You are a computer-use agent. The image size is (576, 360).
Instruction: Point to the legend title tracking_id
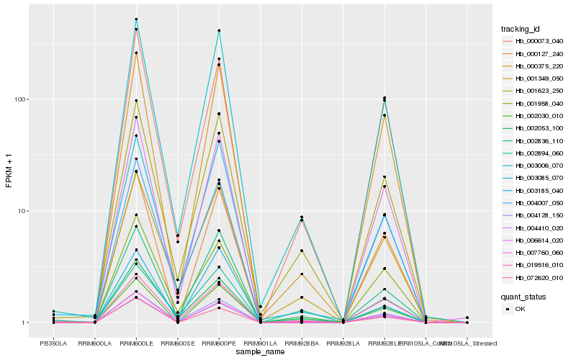tap(521, 29)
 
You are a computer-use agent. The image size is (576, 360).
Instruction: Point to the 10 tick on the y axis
tap(22, 211)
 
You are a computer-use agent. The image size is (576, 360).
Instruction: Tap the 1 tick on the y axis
tap(24, 323)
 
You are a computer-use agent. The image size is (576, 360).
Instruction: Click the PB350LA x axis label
tap(53, 344)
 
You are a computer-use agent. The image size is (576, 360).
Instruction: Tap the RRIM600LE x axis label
tap(136, 344)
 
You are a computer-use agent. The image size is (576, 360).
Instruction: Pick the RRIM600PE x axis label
tap(219, 344)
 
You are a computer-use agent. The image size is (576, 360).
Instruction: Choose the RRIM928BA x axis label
tap(302, 344)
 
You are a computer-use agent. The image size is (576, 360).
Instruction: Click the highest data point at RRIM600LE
tap(136, 19)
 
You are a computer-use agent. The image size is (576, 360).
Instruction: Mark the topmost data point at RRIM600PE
tap(219, 31)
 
